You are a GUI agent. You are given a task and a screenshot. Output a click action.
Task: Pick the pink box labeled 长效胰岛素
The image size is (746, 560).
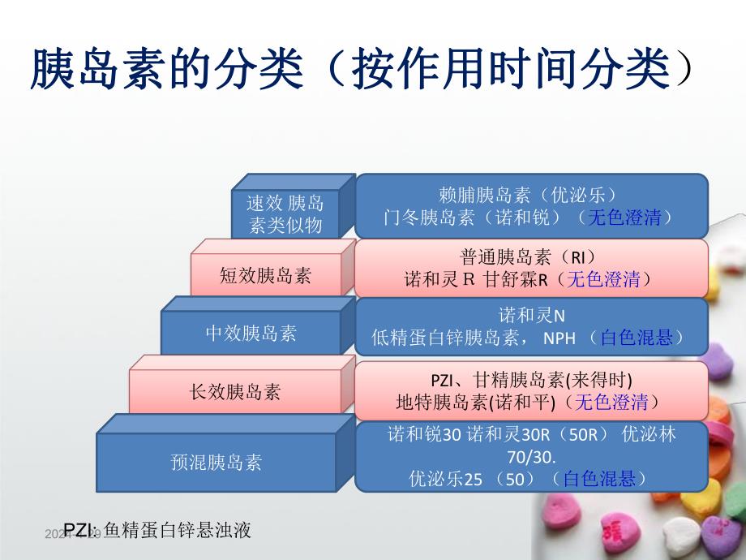click(235, 391)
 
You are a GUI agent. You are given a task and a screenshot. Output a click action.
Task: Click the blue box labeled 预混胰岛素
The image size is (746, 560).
click(217, 463)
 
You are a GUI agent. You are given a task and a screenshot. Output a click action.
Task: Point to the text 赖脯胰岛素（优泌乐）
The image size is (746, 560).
click(529, 196)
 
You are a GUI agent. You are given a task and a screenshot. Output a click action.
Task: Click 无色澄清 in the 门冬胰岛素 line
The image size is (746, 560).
click(624, 218)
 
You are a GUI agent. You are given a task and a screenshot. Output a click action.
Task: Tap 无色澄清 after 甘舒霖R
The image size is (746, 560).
click(602, 279)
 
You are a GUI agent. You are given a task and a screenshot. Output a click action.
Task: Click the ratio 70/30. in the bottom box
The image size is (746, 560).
click(532, 457)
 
